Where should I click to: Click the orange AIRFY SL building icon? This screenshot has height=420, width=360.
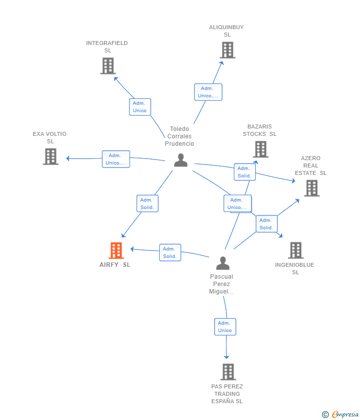(x=116, y=251)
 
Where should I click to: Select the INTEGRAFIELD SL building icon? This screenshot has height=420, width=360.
(x=108, y=66)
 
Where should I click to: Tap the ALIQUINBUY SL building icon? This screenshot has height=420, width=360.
(x=227, y=50)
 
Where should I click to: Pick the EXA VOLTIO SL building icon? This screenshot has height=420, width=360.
(x=50, y=157)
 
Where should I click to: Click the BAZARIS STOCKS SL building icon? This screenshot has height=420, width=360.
(x=260, y=149)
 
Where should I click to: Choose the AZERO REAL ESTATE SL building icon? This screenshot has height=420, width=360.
(x=312, y=188)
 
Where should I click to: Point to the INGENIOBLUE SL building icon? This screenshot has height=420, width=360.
(x=295, y=251)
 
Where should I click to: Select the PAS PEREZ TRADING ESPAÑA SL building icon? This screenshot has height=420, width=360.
(x=227, y=372)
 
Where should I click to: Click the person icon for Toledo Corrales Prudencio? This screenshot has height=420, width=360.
(x=180, y=160)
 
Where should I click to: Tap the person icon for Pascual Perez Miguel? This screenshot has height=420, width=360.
(x=223, y=263)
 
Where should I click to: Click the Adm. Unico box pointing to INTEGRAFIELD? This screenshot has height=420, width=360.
(x=140, y=107)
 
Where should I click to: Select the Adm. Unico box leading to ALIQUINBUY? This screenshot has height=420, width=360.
(x=208, y=92)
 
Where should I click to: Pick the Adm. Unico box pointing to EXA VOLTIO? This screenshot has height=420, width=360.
(x=116, y=159)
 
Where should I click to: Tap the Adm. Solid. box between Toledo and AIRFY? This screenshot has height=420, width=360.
(x=147, y=204)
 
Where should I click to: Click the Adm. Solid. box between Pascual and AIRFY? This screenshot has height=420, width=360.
(x=170, y=252)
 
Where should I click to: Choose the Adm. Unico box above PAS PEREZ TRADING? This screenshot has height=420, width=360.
(x=225, y=327)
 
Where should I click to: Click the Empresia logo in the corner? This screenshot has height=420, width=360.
(x=340, y=414)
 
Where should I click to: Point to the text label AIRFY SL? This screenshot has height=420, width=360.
(x=115, y=264)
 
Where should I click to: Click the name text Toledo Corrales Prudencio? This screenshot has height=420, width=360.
(x=180, y=136)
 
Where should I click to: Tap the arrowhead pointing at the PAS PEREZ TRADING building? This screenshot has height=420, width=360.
(x=226, y=356)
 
